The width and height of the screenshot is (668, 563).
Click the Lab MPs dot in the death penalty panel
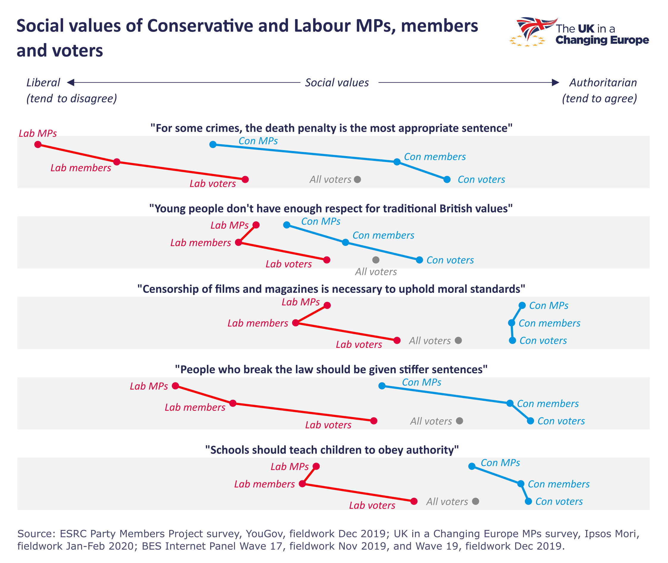point(38,144)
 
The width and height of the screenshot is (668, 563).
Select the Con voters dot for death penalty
point(447,179)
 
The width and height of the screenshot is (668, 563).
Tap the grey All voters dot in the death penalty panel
point(358,179)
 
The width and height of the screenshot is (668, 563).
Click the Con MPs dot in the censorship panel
point(522,305)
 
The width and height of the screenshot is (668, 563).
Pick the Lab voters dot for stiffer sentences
point(374,421)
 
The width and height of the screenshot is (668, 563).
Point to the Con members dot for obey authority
point(521,484)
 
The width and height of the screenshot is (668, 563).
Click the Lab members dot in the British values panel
point(238,242)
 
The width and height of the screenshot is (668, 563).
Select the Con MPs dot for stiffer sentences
point(382,386)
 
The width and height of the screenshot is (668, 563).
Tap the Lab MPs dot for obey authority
point(316,466)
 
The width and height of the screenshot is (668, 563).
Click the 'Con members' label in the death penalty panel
point(435,157)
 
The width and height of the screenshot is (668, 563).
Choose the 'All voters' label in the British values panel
point(376,272)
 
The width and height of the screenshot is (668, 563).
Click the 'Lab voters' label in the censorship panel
point(359,344)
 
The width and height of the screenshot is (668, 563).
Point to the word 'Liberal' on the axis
point(43,83)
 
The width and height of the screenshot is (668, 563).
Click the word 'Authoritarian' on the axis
point(603,83)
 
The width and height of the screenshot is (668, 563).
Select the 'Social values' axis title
point(337,83)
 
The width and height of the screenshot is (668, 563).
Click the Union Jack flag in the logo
point(534,27)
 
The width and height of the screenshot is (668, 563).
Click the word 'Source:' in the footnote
point(36,534)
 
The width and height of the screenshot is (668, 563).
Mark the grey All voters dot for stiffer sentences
point(459,421)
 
